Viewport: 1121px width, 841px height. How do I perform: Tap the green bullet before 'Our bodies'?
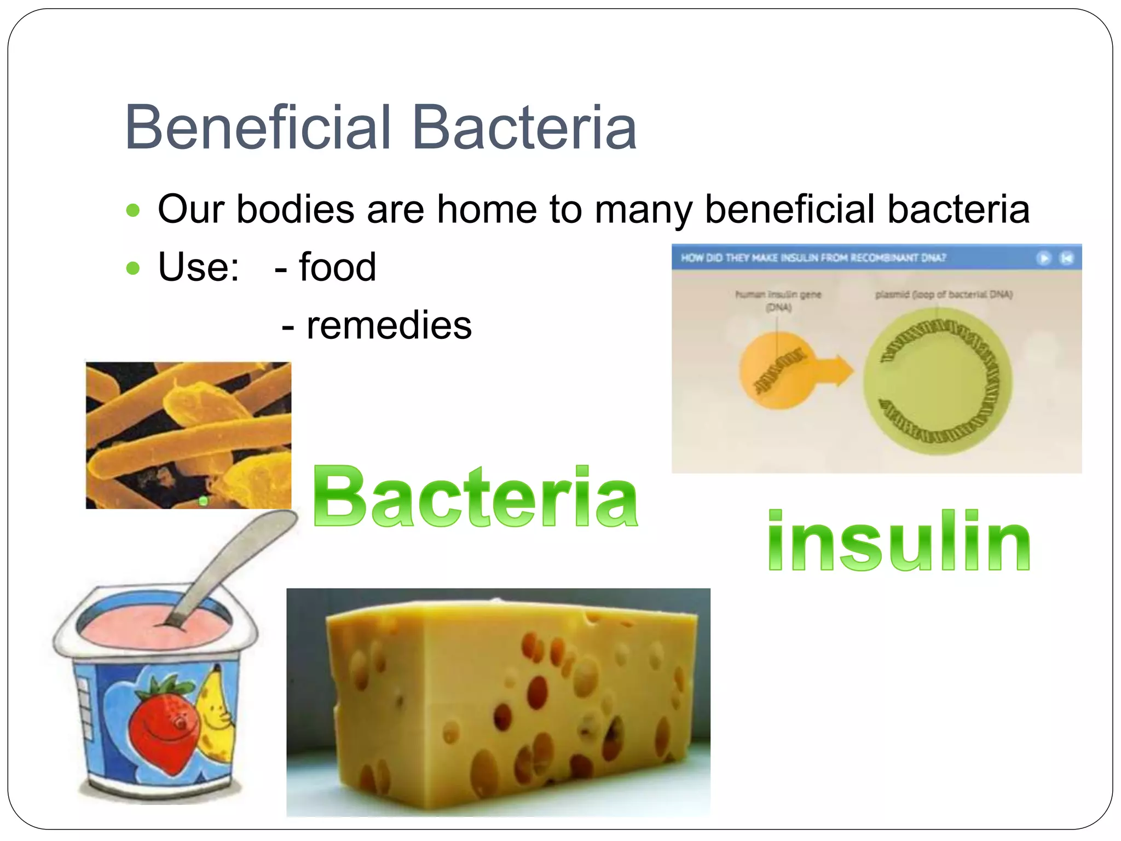pyautogui.click(x=133, y=210)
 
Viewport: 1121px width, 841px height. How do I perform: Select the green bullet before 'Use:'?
pyautogui.click(x=133, y=268)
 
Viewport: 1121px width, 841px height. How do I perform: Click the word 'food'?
pyautogui.click(x=337, y=267)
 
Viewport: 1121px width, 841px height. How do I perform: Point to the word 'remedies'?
pyautogui.click(x=389, y=325)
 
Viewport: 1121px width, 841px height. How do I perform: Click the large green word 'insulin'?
pyautogui.click(x=899, y=541)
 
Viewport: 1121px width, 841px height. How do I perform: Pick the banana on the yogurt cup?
pyautogui.click(x=216, y=712)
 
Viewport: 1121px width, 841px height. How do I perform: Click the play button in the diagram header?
pyautogui.click(x=1044, y=258)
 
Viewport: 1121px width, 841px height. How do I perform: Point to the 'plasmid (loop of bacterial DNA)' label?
pyautogui.click(x=944, y=295)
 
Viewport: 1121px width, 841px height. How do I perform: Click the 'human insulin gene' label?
pyautogui.click(x=778, y=295)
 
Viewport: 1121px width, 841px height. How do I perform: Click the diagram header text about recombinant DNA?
pyautogui.click(x=813, y=258)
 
